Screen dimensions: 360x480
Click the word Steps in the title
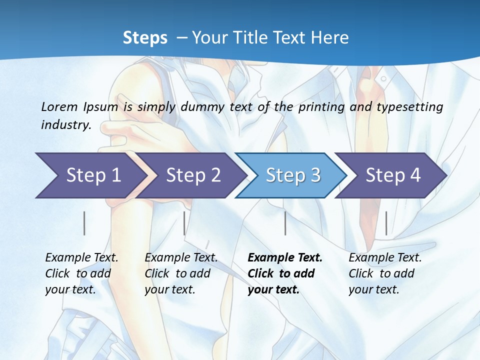tap(145, 37)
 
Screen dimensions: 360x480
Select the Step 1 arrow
tap(90, 175)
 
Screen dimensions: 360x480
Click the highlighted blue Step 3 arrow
tap(293, 175)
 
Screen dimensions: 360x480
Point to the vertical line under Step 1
tap(84, 223)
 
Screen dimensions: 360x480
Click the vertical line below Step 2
tap(184, 223)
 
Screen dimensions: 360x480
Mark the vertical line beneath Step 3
tap(285, 223)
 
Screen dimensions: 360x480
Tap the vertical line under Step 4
tap(386, 223)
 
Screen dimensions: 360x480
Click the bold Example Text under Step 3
tap(285, 258)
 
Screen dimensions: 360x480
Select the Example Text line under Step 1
tap(81, 258)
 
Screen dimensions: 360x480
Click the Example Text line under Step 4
tap(385, 258)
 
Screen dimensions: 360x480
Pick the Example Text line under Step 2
tap(181, 258)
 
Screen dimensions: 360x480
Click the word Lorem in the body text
tap(59, 107)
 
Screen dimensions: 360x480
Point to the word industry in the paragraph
tap(66, 125)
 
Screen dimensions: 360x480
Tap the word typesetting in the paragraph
tap(410, 107)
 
